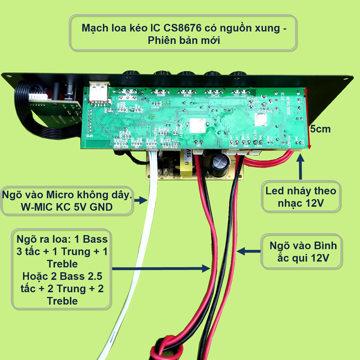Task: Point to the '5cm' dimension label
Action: [x=320, y=129]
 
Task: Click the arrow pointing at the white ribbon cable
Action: [x=141, y=201]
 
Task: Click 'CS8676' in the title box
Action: [x=182, y=28]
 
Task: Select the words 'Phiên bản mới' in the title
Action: [x=184, y=40]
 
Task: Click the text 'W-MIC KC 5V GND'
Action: [x=67, y=207]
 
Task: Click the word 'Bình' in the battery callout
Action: [x=325, y=246]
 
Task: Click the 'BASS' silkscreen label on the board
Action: [x=161, y=95]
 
